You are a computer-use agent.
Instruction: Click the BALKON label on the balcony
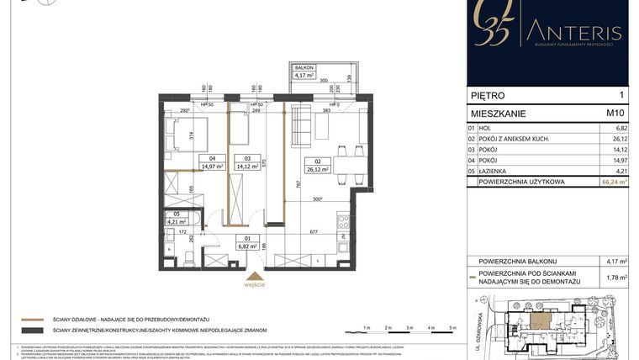pos(303,66)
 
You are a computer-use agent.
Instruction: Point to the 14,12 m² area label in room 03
pos(248,167)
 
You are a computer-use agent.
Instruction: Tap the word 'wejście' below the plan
pos(256,284)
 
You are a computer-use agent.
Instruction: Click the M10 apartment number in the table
pos(615,112)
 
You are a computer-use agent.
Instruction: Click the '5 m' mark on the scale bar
pos(453,326)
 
